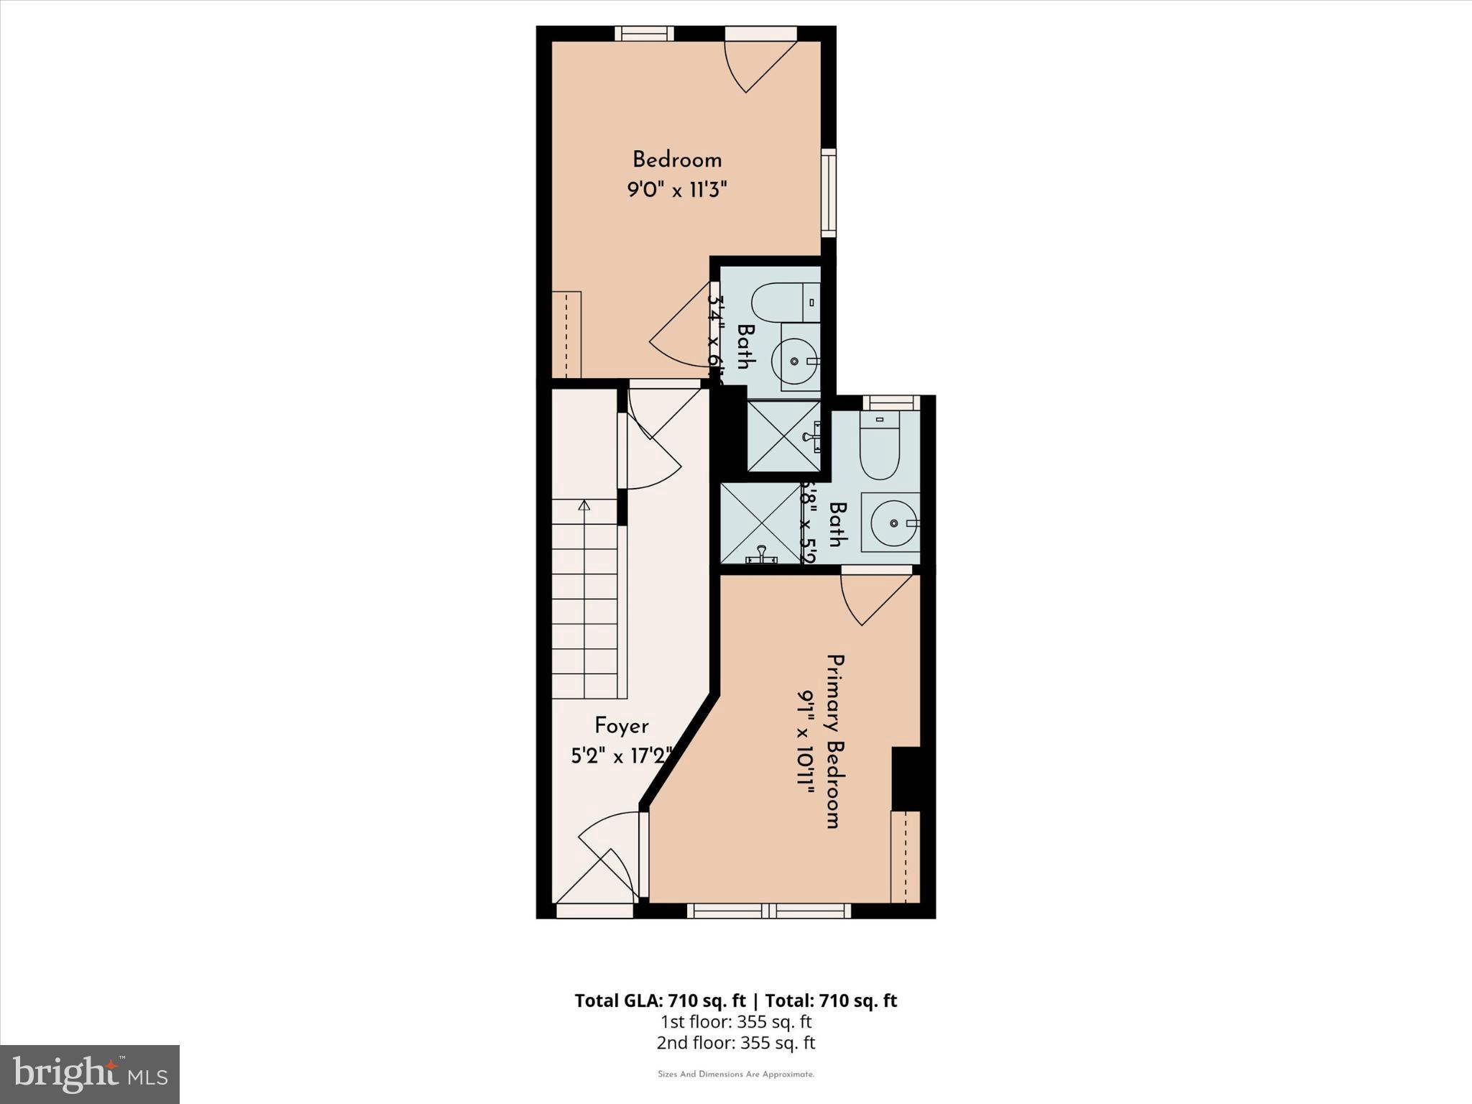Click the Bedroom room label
676,160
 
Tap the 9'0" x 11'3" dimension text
677,190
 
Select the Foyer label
621,726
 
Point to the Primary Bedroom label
833,741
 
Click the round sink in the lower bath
893,523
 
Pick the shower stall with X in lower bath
760,523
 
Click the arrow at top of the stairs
584,506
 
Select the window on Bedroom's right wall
829,193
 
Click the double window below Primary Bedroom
768,911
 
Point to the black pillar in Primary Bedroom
906,778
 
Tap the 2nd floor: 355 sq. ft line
735,1043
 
